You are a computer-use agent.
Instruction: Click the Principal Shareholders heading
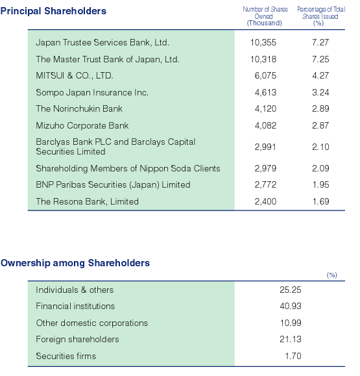coord(53,11)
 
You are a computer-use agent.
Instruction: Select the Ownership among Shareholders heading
coord(75,263)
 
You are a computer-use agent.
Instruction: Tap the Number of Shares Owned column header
coord(265,16)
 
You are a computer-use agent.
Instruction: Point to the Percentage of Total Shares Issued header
coord(320,16)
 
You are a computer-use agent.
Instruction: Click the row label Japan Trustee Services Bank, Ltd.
coord(102,43)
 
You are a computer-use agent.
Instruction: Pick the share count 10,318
coord(263,59)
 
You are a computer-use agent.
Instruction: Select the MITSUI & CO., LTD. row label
coord(74,75)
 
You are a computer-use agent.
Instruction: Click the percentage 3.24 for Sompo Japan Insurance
coord(320,92)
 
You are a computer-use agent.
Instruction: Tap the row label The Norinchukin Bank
coord(79,108)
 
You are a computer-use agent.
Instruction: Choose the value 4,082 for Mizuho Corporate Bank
coord(265,125)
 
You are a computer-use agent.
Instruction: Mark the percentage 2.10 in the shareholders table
coord(320,147)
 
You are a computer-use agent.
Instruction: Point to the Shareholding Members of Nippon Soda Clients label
coord(128,168)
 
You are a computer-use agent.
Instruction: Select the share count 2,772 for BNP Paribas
coord(265,184)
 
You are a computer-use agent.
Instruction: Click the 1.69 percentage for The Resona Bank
coord(320,201)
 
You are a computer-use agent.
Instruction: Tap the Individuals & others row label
coord(75,290)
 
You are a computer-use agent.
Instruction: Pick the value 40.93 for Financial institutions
coord(291,306)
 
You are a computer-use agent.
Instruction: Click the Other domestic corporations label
coord(92,323)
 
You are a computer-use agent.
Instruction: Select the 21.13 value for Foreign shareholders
coord(291,339)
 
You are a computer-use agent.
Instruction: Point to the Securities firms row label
coord(66,356)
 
